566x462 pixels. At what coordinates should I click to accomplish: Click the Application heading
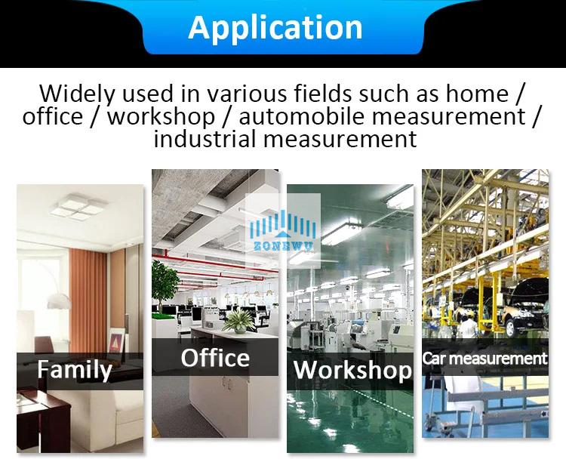click(x=275, y=28)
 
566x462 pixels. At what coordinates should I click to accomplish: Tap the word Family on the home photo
click(x=75, y=370)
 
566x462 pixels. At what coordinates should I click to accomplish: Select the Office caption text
click(x=215, y=358)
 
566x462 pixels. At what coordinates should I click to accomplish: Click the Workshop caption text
click(x=352, y=370)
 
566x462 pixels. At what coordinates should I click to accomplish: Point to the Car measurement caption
click(x=484, y=359)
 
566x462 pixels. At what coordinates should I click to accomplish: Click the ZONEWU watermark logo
click(x=283, y=231)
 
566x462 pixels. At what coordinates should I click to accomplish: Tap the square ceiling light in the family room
click(x=79, y=207)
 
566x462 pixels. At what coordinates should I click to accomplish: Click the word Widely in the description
click(x=77, y=94)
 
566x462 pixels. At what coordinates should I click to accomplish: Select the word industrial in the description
click(x=205, y=139)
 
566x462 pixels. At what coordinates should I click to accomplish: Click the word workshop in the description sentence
click(x=161, y=116)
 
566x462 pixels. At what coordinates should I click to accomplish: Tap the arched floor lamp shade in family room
click(x=58, y=300)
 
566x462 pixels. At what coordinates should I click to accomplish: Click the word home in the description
click(x=477, y=94)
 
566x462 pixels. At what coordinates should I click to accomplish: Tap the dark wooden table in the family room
click(x=43, y=419)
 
